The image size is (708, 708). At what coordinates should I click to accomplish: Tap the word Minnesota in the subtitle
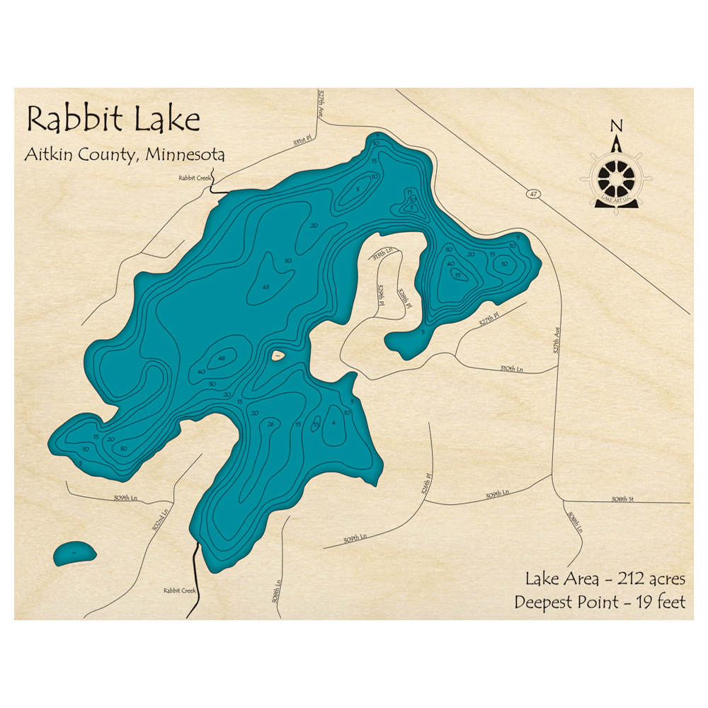pyautogui.click(x=185, y=154)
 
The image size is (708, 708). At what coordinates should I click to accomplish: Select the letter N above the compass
pyautogui.click(x=617, y=126)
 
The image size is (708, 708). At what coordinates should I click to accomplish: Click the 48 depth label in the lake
pyautogui.click(x=222, y=358)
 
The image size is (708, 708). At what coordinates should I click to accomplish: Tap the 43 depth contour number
pyautogui.click(x=266, y=287)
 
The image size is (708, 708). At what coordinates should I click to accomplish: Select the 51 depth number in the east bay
pyautogui.click(x=457, y=275)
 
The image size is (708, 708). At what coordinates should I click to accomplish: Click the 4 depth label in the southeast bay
pyautogui.click(x=333, y=423)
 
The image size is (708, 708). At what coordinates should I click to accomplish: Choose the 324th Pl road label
pyautogui.click(x=426, y=486)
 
